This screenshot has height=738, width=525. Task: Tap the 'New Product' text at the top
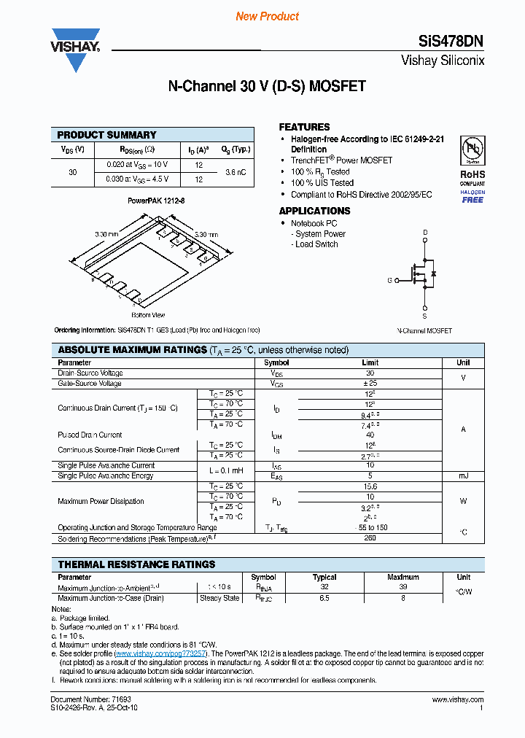click(267, 16)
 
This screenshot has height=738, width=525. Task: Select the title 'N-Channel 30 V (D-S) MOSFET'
click(267, 87)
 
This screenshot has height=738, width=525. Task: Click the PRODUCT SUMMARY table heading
click(106, 135)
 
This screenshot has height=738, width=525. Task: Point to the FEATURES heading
click(304, 127)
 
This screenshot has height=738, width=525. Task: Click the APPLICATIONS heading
click(314, 211)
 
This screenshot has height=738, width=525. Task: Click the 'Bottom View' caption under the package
click(147, 315)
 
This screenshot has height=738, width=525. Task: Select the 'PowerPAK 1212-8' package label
click(151, 200)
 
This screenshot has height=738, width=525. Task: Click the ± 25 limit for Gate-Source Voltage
click(370, 383)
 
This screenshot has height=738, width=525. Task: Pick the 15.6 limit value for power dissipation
click(370, 486)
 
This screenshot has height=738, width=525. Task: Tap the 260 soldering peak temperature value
click(370, 538)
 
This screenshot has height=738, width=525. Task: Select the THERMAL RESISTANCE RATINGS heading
click(136, 564)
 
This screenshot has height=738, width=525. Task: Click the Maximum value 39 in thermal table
click(402, 587)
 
